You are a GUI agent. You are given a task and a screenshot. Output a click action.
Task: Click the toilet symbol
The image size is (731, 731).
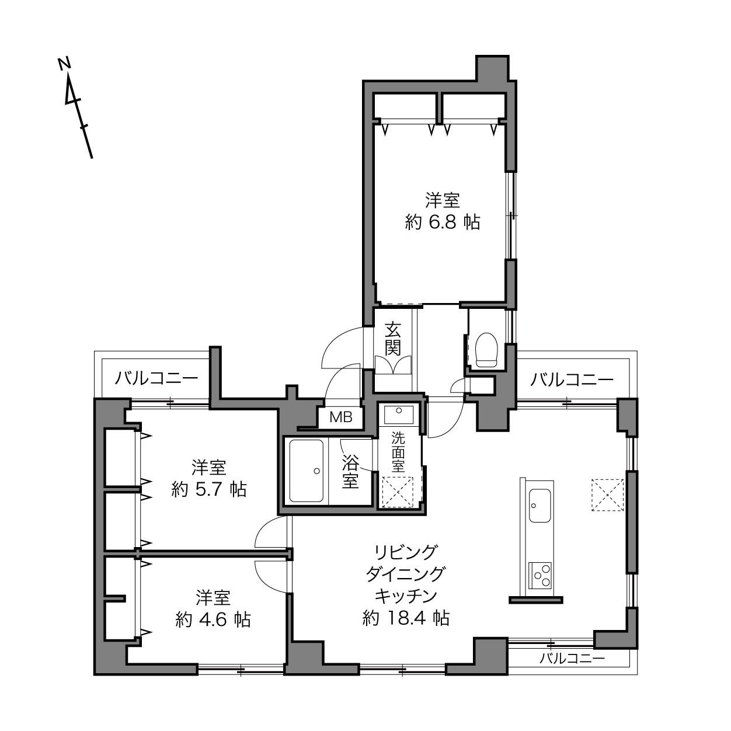(x=486, y=349)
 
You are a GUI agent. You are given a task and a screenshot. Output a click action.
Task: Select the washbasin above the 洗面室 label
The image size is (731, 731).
(x=398, y=415)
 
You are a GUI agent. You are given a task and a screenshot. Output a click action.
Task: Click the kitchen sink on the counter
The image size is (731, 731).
(x=540, y=505)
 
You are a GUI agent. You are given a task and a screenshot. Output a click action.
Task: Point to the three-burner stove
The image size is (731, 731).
(x=540, y=576)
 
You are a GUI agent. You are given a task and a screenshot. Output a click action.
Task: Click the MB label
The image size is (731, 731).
(x=341, y=417)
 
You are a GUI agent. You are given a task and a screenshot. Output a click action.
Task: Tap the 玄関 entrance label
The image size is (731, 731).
(x=392, y=339)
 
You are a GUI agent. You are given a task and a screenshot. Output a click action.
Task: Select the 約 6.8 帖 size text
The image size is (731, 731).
(x=443, y=222)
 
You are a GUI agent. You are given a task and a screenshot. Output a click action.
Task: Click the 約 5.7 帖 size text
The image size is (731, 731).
(x=208, y=489)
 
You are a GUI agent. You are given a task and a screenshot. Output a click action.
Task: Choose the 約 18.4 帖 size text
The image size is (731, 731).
(x=406, y=618)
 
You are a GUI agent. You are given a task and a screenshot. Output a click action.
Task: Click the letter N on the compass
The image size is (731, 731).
(x=64, y=64)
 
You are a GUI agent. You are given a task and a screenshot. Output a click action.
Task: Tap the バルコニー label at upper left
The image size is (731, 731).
(x=156, y=378)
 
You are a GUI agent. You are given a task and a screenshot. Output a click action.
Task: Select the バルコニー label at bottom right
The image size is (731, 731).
(x=572, y=659)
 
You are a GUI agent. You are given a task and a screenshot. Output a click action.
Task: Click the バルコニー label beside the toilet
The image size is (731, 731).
(x=571, y=379)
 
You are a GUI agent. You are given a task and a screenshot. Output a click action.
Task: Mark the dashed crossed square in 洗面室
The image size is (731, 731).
(x=398, y=492)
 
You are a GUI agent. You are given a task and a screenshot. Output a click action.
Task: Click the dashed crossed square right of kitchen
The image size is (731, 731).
(x=607, y=495)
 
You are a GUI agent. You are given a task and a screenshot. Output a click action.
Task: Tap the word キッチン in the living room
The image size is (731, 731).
(x=406, y=596)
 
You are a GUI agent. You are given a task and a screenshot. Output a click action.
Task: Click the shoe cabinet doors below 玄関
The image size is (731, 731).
(x=393, y=365)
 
